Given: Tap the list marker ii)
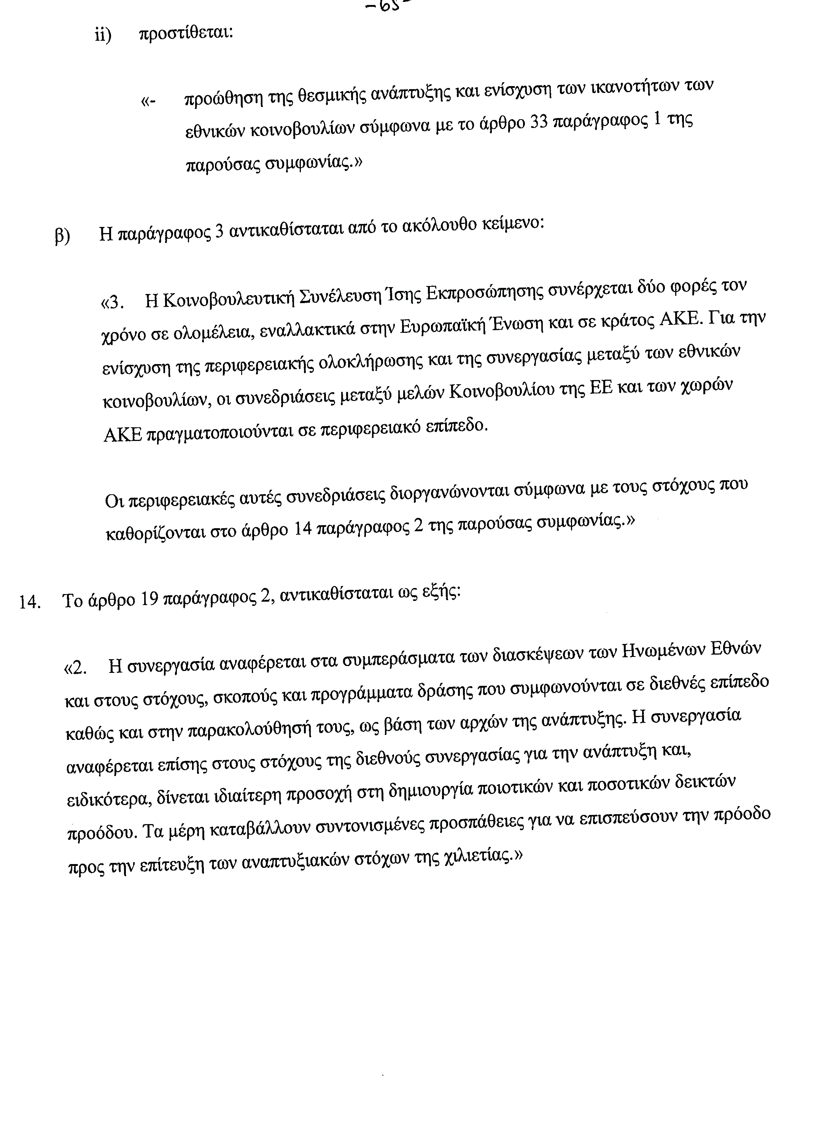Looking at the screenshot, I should point(103,36).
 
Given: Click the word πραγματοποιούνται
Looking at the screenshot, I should point(219,433).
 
